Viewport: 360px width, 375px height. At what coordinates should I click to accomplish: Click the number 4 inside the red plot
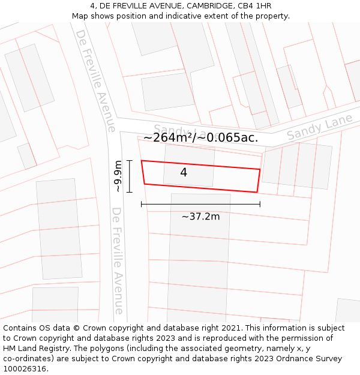pos(184,173)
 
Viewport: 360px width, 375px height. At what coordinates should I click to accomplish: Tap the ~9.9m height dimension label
pos(118,176)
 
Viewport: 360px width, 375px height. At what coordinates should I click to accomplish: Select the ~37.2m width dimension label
pos(200,217)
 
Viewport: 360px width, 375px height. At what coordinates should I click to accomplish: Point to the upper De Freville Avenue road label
pos(95,81)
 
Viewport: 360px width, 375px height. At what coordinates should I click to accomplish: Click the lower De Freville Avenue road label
pos(118,261)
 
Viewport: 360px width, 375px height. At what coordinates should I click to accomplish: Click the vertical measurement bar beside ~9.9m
pos(129,176)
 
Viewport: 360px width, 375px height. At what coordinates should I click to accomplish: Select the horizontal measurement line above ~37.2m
pos(200,204)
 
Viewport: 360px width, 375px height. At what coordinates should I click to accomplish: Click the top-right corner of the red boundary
pos(260,169)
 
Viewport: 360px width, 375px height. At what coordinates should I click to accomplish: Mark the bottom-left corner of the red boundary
pos(145,184)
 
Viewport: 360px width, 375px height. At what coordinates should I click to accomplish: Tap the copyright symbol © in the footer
pos(76,328)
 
